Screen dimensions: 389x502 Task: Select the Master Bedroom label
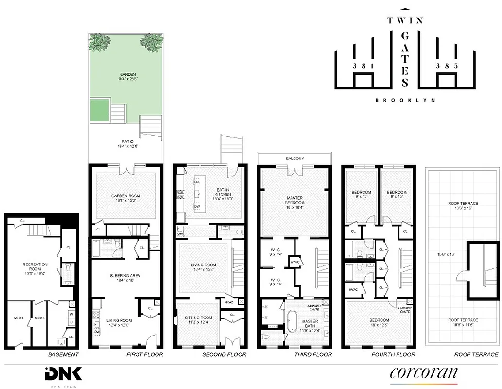point(294,201)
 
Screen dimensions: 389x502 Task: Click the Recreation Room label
point(35,265)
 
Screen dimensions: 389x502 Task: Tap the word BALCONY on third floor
point(294,159)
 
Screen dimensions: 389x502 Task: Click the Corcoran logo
point(423,372)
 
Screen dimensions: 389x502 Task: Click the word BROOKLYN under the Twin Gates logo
point(405,100)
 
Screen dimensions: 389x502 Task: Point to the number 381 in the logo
point(364,66)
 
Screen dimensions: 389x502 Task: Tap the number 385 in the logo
point(446,66)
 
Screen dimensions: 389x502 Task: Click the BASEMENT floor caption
point(63,354)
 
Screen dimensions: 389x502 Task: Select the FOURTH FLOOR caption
point(393,354)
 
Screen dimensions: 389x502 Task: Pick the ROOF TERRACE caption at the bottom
point(476,354)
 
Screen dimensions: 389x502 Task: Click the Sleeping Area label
point(125,276)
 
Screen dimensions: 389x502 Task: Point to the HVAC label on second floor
point(229,302)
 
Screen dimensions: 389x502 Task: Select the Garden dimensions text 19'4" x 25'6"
point(125,79)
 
